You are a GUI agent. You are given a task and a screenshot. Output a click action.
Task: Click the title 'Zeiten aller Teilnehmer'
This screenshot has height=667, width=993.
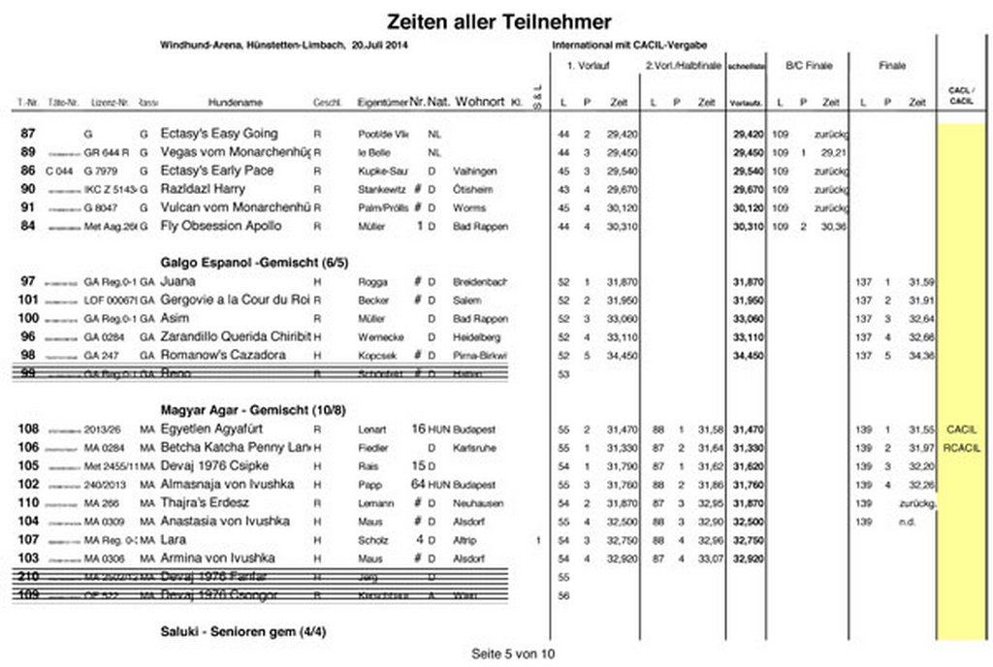tap(498, 21)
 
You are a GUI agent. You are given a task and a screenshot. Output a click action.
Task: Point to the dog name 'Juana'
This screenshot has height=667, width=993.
tap(177, 281)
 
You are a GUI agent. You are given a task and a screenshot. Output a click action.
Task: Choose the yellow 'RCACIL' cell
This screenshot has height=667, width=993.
tap(961, 447)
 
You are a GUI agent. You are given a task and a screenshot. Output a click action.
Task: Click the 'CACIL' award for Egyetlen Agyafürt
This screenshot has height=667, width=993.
tap(961, 429)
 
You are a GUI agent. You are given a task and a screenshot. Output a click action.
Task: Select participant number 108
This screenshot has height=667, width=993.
tap(28, 429)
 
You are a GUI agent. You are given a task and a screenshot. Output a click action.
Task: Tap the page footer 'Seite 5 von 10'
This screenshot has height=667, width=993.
tap(513, 653)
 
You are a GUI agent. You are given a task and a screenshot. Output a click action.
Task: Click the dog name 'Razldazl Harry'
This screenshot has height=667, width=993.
tap(205, 189)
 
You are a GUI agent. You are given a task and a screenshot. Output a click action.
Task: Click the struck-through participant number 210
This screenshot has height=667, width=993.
tap(28, 577)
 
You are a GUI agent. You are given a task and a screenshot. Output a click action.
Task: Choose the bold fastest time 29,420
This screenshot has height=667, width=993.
tap(747, 134)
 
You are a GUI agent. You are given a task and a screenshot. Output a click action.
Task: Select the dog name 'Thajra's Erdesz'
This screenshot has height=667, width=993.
tap(205, 502)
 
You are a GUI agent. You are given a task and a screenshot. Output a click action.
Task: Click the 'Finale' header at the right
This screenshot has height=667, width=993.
tap(892, 66)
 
